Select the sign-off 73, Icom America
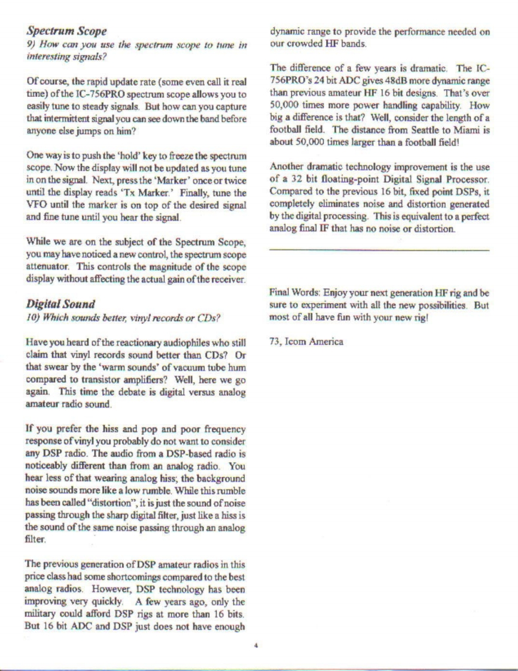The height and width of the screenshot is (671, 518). click(x=306, y=342)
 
